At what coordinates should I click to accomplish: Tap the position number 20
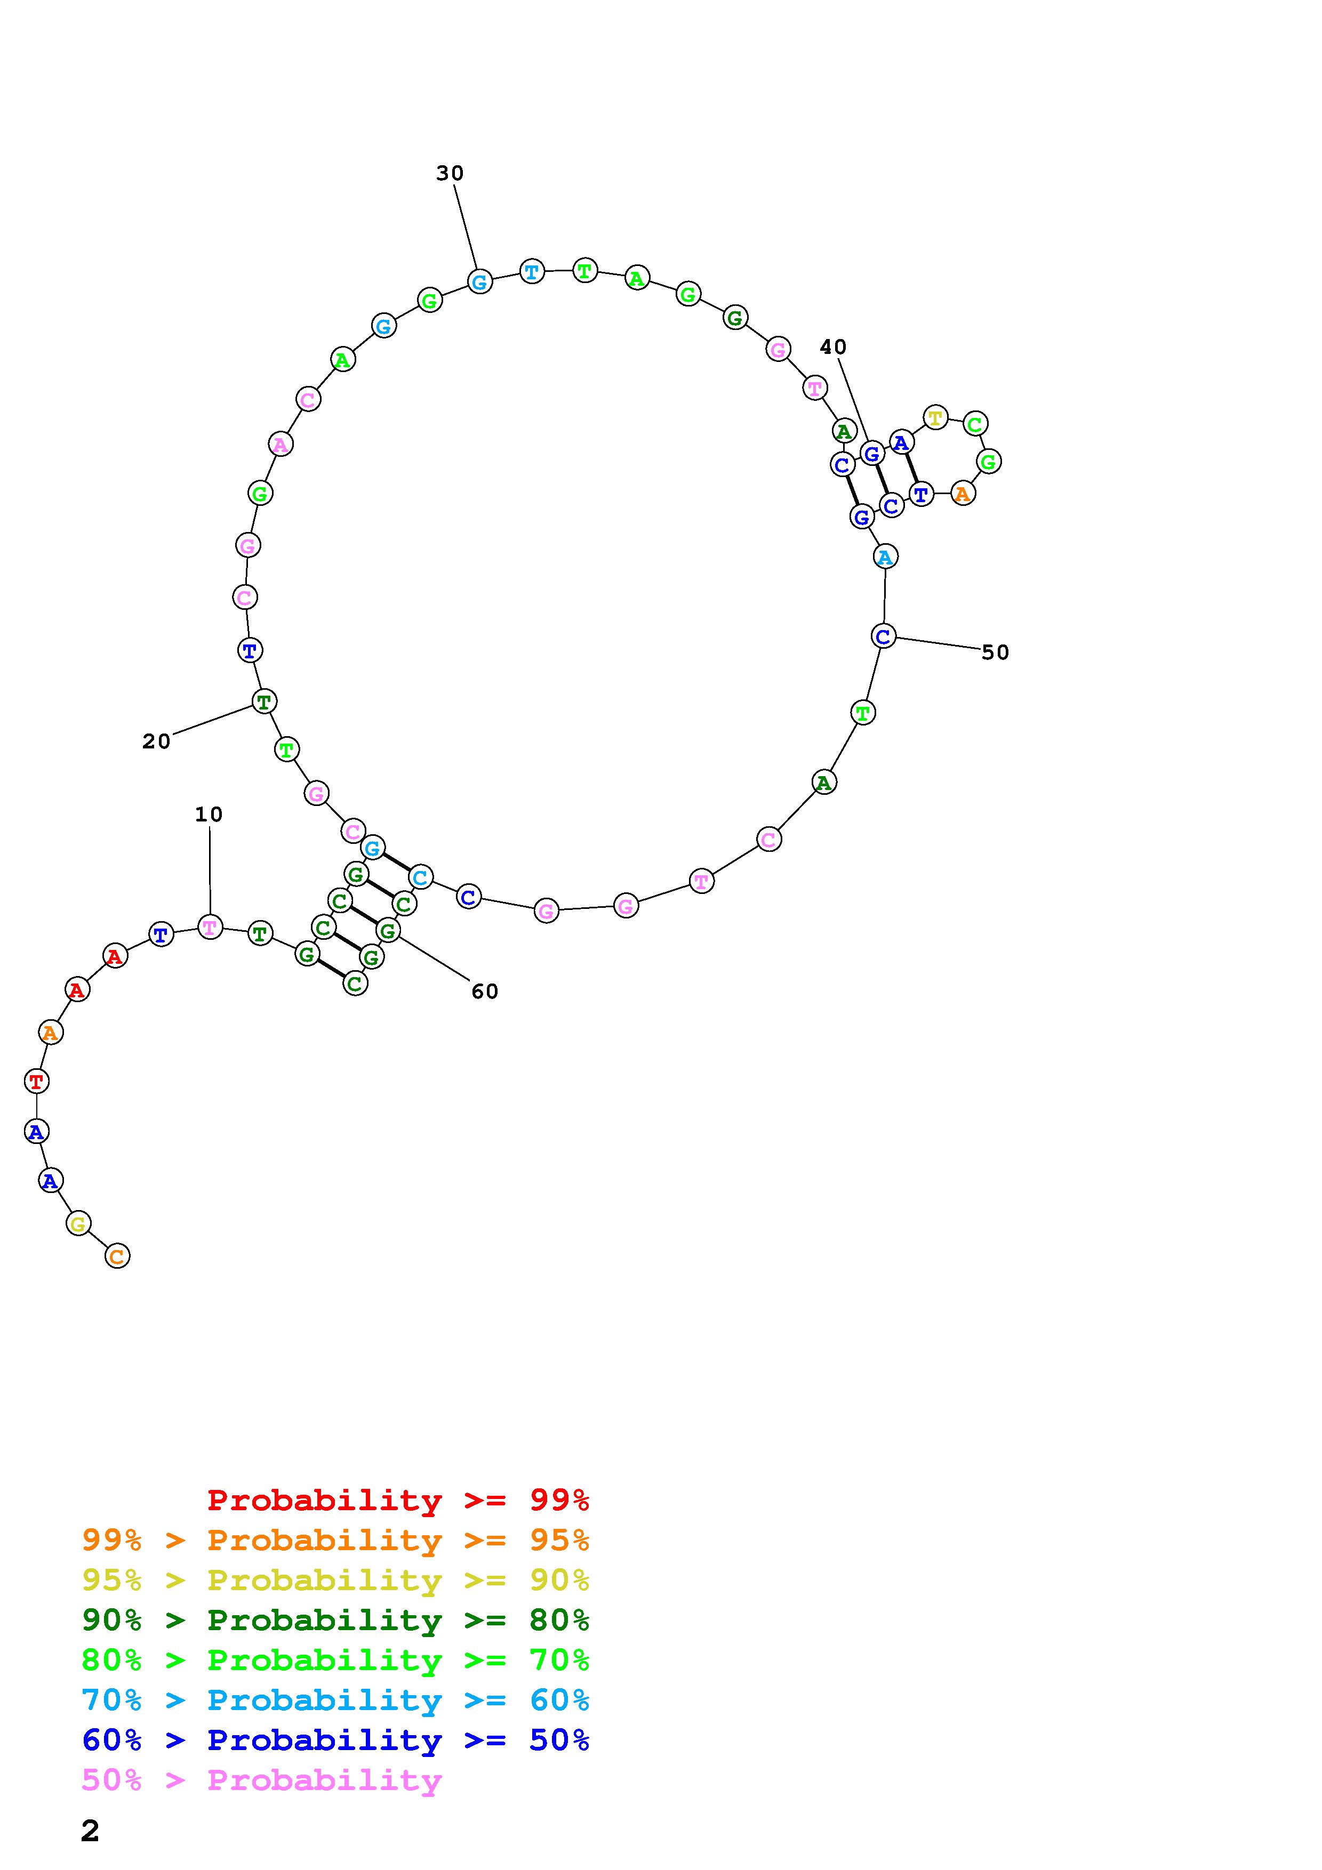(x=156, y=741)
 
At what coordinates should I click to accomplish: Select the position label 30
(x=450, y=173)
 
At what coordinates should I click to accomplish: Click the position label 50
(x=996, y=652)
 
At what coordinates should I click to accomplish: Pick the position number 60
(x=485, y=991)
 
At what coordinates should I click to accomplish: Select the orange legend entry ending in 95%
(x=335, y=1539)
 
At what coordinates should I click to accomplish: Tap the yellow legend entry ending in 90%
(x=335, y=1579)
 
